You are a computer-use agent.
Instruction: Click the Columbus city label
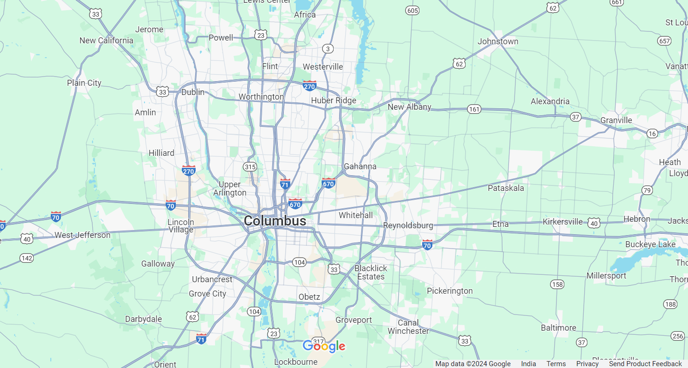pos(275,221)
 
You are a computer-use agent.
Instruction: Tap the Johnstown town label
pos(498,42)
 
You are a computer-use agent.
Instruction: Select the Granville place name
pos(616,120)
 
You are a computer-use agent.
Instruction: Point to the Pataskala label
pos(506,188)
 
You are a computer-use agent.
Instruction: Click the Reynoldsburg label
pos(408,226)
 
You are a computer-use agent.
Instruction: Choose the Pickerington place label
pos(449,291)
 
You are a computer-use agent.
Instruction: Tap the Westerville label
pos(323,67)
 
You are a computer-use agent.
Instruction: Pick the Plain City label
pos(84,83)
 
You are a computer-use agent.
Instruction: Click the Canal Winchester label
pos(408,327)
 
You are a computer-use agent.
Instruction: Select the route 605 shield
pos(412,10)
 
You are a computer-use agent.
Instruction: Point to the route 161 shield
pos(474,109)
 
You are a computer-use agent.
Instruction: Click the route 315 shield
pos(250,166)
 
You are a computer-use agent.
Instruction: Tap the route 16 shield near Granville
pos(652,133)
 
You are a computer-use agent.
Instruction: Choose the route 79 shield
pos(647,190)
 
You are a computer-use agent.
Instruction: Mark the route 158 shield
pos(557,284)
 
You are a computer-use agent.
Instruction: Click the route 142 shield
pos(27,258)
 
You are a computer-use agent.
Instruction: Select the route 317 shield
pos(318,340)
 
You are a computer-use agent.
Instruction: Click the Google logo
pos(324,346)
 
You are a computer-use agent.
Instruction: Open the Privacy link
pos(587,364)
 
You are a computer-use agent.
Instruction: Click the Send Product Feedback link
pos(645,364)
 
